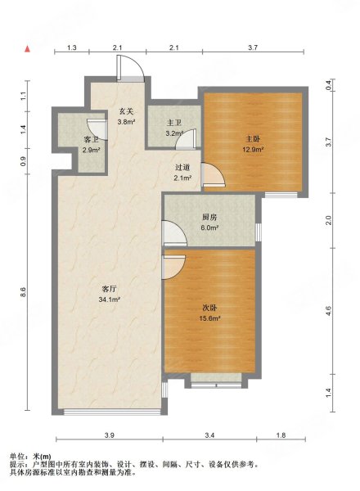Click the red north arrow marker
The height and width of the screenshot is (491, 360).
tap(28, 49)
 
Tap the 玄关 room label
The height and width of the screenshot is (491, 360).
tap(126, 110)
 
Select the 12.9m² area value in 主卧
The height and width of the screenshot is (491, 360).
tap(253, 150)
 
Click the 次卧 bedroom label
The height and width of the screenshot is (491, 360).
tap(209, 309)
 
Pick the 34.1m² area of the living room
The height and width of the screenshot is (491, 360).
tap(110, 300)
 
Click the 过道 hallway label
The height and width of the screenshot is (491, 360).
tap(182, 168)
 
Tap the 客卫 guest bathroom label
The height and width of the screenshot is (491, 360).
tap(92, 140)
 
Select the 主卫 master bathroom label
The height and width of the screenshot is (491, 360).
tap(174, 124)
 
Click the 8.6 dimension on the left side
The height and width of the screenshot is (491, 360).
tap(25, 292)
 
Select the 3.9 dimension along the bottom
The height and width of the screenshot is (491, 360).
tap(110, 435)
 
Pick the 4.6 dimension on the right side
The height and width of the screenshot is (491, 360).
tap(328, 311)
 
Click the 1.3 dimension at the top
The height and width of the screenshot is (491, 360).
tap(72, 47)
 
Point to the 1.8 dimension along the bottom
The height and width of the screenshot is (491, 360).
tap(281, 435)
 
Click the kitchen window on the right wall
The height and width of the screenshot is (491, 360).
tap(259, 232)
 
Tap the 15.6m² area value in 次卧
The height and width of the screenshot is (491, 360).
tap(209, 318)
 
